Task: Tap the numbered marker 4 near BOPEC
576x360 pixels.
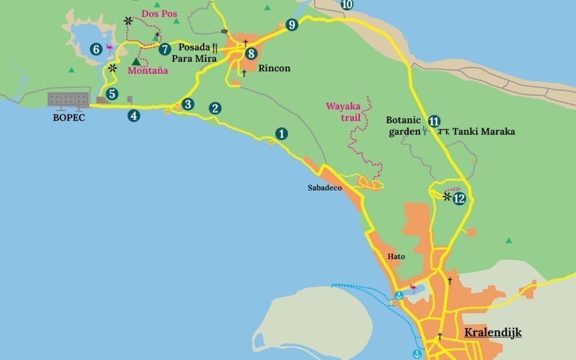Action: coord(134,115)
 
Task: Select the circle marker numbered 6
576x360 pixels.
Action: coord(96,50)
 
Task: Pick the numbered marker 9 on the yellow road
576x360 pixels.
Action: coord(291,25)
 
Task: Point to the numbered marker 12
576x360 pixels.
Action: coord(459,199)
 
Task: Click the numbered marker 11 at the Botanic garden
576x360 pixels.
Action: coord(434,121)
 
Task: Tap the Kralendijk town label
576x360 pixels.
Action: coord(492,333)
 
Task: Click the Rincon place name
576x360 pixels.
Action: coord(274,68)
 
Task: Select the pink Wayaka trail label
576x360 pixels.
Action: coord(343,110)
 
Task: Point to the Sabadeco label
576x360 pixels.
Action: coord(324,188)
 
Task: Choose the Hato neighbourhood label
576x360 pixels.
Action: coord(396,257)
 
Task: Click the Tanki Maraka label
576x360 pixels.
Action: coord(484,131)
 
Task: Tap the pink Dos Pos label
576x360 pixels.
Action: coord(159,14)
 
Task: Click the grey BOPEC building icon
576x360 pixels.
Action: coord(68,99)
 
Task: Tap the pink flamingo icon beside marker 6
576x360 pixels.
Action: coord(110,49)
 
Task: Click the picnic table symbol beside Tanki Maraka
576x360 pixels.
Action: coord(443,131)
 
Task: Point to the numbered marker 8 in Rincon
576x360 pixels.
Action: coord(251,53)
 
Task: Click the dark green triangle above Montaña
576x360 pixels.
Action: coord(136,61)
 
